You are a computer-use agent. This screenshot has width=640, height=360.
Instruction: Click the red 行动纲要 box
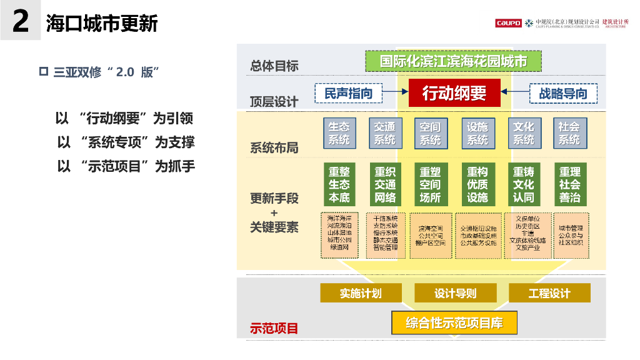[454, 94]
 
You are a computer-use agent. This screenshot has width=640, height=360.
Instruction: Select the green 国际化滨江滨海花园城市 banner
[453, 61]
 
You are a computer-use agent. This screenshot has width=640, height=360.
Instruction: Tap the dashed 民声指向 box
[348, 94]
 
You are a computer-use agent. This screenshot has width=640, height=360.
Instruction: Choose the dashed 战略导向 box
[562, 94]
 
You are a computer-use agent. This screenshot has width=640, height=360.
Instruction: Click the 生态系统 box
[339, 133]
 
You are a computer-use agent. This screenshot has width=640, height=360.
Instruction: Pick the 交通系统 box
[385, 133]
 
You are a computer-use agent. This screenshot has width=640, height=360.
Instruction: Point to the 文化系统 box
[524, 133]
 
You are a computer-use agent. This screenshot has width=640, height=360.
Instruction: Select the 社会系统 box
[569, 133]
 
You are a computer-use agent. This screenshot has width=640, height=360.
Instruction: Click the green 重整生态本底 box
[339, 184]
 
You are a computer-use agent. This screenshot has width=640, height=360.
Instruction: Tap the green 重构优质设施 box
[477, 184]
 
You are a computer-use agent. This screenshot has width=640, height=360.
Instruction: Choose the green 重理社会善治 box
[569, 184]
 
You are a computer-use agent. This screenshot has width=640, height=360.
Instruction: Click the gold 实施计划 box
[361, 292]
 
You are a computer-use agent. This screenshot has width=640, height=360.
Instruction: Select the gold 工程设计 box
[549, 292]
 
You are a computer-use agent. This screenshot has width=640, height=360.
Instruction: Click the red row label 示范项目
[274, 328]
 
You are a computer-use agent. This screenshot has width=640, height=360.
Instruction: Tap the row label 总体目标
[274, 66]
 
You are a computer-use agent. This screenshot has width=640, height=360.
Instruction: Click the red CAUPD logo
[508, 23]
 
